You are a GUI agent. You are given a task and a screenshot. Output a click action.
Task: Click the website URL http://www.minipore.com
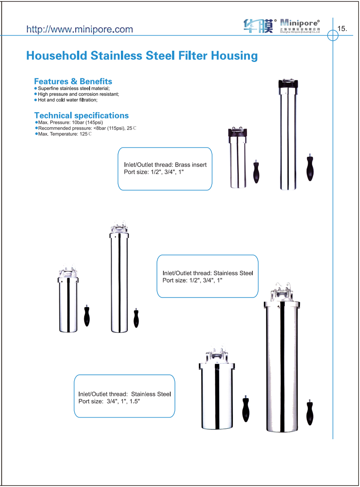click(x=79, y=29)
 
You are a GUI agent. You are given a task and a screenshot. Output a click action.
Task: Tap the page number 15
click(x=342, y=29)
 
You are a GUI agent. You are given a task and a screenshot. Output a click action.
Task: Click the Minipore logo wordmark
click(x=300, y=23)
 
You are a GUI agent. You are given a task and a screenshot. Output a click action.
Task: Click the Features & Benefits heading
click(x=73, y=81)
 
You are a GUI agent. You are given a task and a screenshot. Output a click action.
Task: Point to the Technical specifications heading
click(x=82, y=116)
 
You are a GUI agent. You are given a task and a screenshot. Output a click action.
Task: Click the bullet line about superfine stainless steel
click(x=74, y=89)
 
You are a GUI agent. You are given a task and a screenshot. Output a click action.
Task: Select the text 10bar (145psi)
click(x=87, y=123)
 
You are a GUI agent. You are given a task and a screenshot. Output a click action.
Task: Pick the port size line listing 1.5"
click(x=109, y=401)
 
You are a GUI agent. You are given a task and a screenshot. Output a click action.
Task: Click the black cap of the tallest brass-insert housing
click(x=288, y=84)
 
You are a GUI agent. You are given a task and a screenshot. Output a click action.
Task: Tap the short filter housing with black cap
click(x=238, y=159)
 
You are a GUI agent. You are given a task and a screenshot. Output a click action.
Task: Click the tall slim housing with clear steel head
click(x=119, y=279)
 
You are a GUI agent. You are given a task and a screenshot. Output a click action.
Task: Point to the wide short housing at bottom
click(x=217, y=391)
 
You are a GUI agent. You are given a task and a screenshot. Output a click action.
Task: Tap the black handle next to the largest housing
click(x=310, y=413)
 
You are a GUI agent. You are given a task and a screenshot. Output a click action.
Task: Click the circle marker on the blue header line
click(x=332, y=35)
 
